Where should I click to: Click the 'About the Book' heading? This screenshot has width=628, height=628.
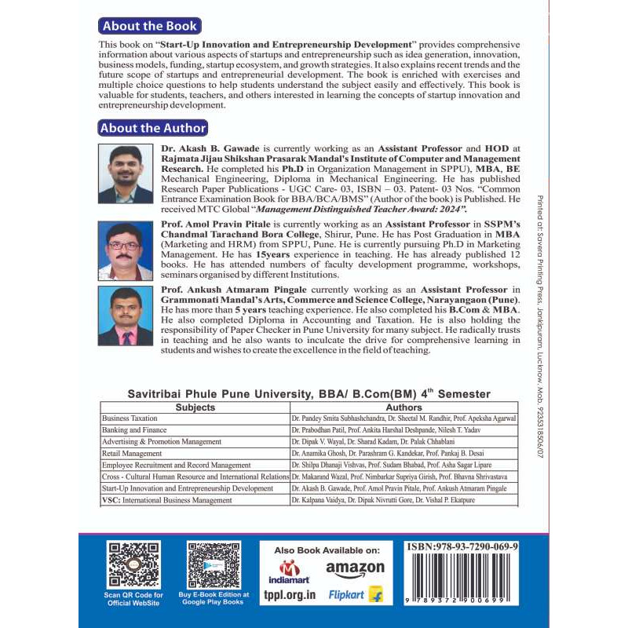tap(151, 27)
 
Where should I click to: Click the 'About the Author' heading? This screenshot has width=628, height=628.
tap(154, 128)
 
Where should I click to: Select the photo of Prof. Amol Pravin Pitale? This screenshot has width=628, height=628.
tap(126, 250)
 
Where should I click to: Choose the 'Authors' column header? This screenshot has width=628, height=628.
tap(403, 407)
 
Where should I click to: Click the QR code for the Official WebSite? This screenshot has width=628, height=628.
tap(133, 564)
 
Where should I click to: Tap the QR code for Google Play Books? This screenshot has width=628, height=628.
tap(214, 564)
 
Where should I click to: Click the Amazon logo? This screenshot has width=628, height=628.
tap(355, 568)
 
